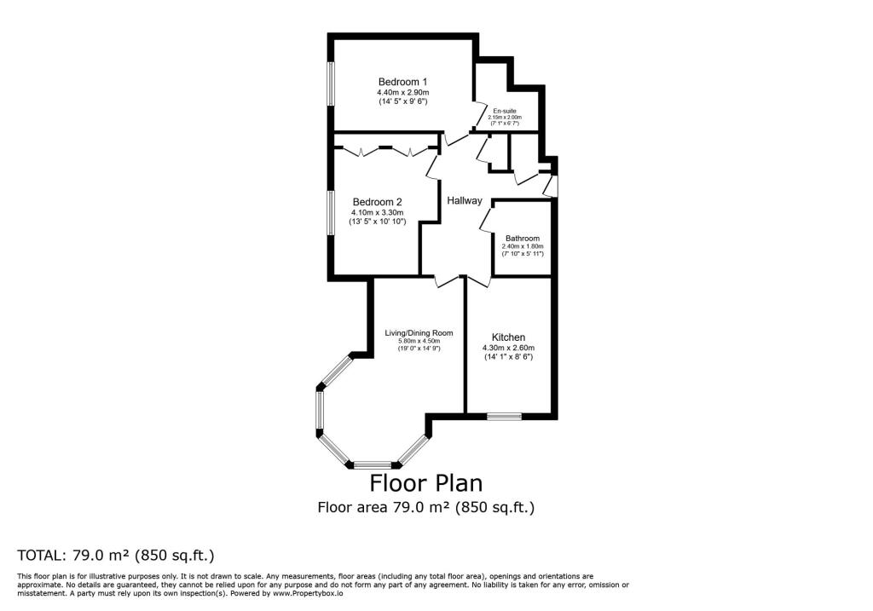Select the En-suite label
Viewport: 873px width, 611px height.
(x=505, y=111)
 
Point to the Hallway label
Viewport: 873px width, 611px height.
(x=465, y=201)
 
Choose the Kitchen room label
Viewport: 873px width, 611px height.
(x=508, y=337)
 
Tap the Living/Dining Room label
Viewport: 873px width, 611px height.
(x=419, y=333)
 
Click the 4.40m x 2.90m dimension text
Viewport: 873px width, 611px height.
(x=402, y=92)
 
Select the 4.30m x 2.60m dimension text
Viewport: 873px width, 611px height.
(x=508, y=349)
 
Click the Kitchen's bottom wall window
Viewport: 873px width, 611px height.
(x=504, y=417)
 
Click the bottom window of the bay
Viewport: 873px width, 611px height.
(x=375, y=465)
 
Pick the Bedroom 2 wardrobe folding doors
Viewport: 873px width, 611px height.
(x=384, y=152)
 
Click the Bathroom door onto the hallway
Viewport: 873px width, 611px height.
(x=484, y=218)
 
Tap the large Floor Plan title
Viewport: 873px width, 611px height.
(x=425, y=483)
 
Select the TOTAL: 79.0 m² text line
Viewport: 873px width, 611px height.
(x=115, y=556)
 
